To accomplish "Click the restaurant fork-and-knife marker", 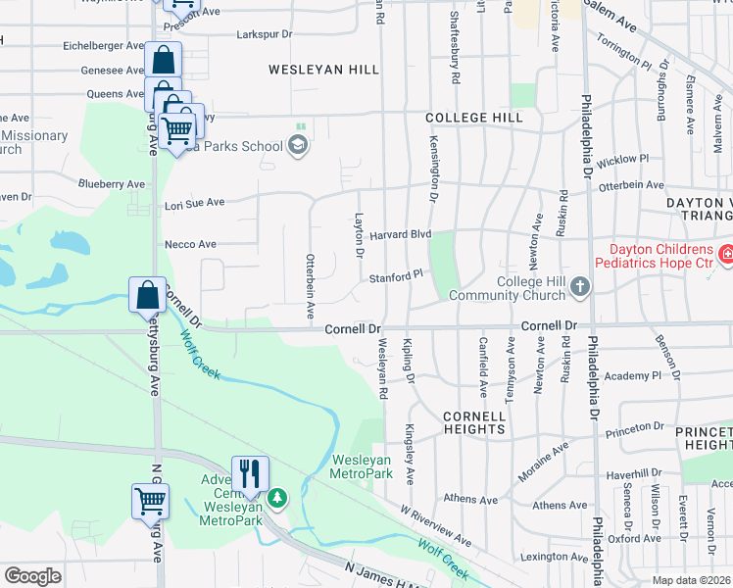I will pyautogui.click(x=249, y=473).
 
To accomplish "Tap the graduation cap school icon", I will pyautogui.click(x=298, y=147).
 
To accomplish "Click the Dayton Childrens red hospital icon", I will pyautogui.click(x=726, y=256).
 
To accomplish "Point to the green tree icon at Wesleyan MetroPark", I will pyautogui.click(x=277, y=498).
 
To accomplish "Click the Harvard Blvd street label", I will pyautogui.click(x=400, y=234).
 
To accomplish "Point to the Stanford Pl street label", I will pyautogui.click(x=395, y=278).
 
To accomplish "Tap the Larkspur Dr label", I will pyautogui.click(x=265, y=34).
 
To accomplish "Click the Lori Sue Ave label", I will pyautogui.click(x=194, y=203).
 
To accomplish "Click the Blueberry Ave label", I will pyautogui.click(x=112, y=183).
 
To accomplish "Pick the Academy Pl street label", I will pyautogui.click(x=634, y=376).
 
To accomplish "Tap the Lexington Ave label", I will pyautogui.click(x=558, y=557).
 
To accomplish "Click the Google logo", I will pyautogui.click(x=32, y=576).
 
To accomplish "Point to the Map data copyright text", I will pyautogui.click(x=692, y=580).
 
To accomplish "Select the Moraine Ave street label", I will pyautogui.click(x=546, y=454).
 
